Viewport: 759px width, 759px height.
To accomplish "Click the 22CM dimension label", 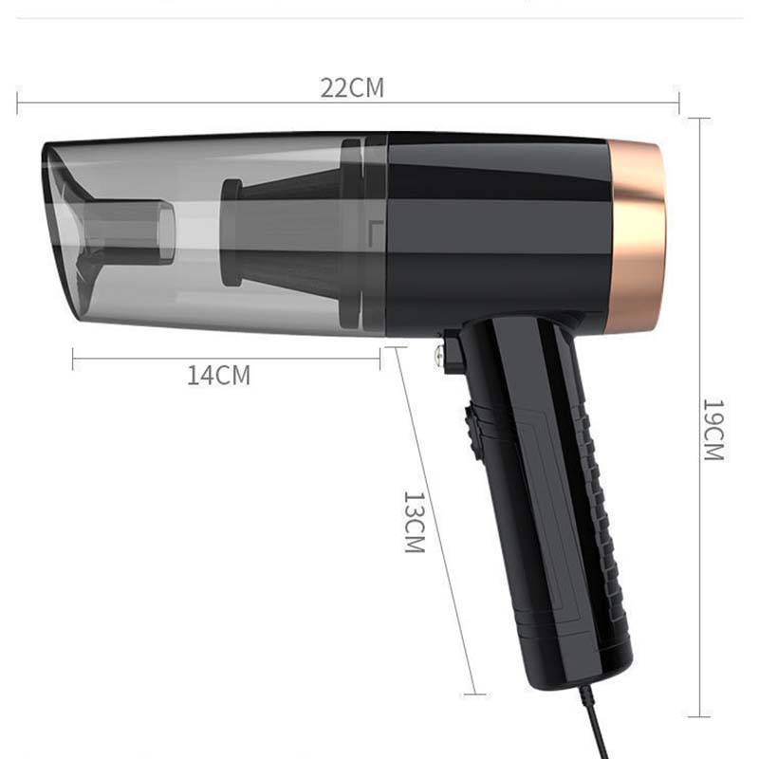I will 351,88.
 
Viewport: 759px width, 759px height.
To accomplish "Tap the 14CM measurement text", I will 219,376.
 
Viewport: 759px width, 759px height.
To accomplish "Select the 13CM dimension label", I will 414,522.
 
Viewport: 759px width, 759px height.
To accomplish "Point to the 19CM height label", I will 713,430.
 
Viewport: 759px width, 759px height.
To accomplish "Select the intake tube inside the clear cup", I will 128,228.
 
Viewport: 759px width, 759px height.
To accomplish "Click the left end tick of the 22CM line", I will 17,101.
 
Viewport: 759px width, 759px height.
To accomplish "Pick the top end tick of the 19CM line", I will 699,119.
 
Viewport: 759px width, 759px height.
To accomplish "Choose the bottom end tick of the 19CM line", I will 699,716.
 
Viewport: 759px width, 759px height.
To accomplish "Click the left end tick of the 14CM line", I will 73,358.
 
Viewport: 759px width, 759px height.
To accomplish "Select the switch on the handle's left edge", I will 471,427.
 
